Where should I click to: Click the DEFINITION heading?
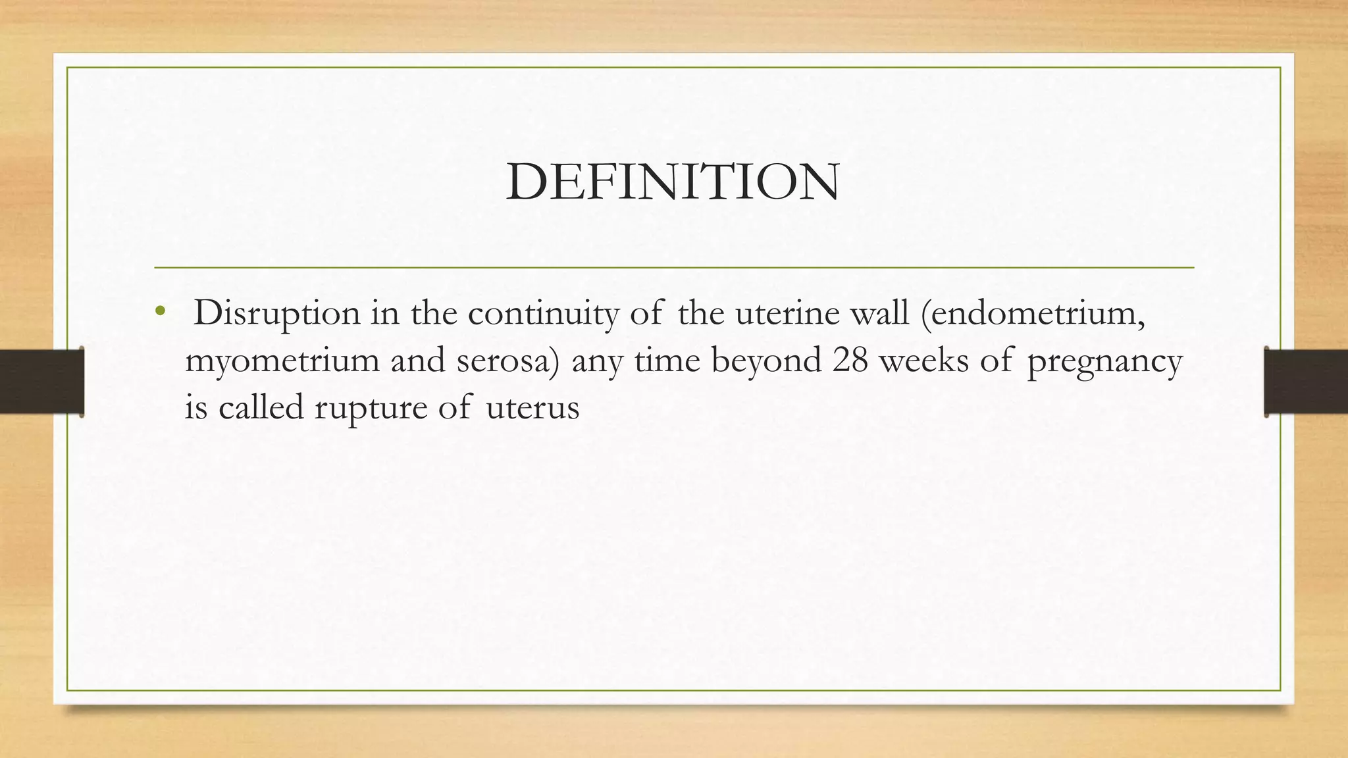(673, 182)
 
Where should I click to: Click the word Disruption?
(277, 313)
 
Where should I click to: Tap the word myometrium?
(282, 361)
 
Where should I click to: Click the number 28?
(850, 361)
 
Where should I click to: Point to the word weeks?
(924, 361)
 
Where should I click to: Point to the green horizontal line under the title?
(674, 268)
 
